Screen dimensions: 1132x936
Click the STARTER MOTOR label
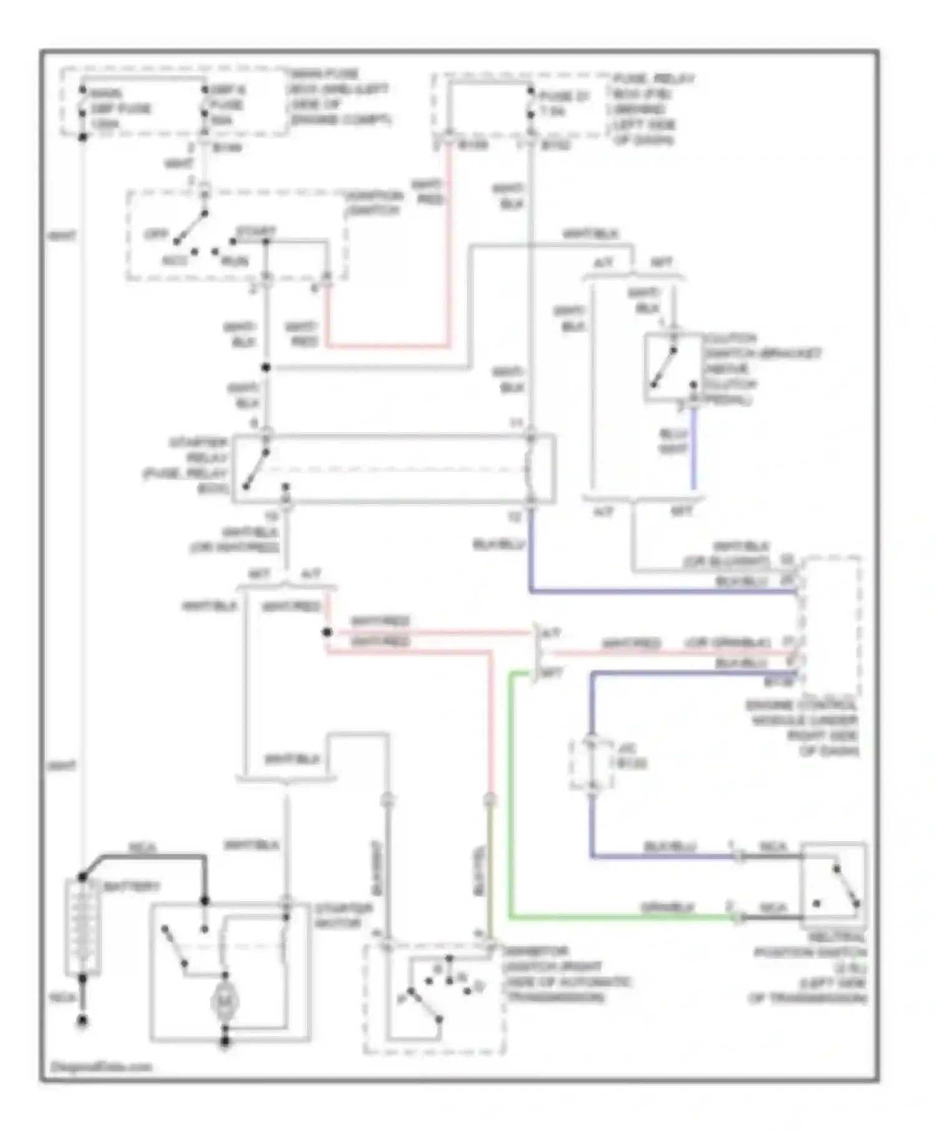(343, 915)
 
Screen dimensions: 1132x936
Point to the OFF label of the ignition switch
(155, 235)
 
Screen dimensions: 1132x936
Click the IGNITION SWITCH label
(374, 203)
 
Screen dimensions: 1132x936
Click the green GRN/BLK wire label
(667, 906)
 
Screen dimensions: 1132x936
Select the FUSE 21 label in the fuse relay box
(562, 104)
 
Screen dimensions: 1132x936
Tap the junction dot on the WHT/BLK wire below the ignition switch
(266, 368)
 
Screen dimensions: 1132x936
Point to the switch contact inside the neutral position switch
(845, 886)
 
